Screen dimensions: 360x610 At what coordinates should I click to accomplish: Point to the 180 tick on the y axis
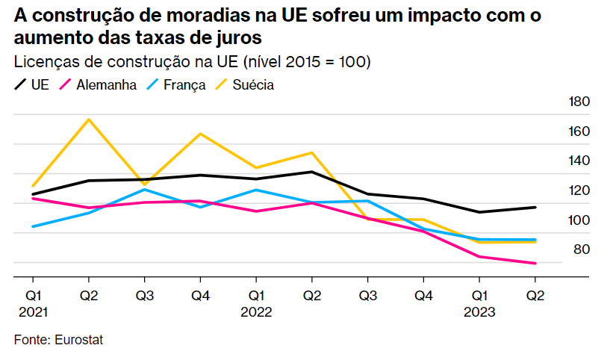click(x=579, y=102)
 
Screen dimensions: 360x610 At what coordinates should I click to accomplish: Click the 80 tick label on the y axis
click(x=582, y=249)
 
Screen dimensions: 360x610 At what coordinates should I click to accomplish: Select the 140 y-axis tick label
click(x=579, y=161)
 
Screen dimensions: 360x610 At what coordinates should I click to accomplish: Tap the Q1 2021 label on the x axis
click(x=34, y=303)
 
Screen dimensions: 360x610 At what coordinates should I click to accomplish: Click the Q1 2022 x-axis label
click(x=255, y=303)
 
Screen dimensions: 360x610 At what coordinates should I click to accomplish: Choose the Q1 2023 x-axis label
click(x=479, y=303)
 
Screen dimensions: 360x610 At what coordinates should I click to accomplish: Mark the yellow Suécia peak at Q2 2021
click(x=89, y=120)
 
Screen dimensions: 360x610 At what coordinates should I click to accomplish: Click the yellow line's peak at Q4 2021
click(x=200, y=134)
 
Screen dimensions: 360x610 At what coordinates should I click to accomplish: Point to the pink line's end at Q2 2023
click(x=535, y=263)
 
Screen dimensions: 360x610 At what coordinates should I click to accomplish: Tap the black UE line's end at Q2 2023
click(x=535, y=207)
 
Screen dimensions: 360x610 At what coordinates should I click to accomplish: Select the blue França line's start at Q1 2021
click(x=33, y=226)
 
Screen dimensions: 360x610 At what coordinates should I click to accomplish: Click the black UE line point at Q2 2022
click(x=311, y=172)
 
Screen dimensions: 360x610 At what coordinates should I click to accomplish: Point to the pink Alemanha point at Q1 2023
click(x=479, y=257)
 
